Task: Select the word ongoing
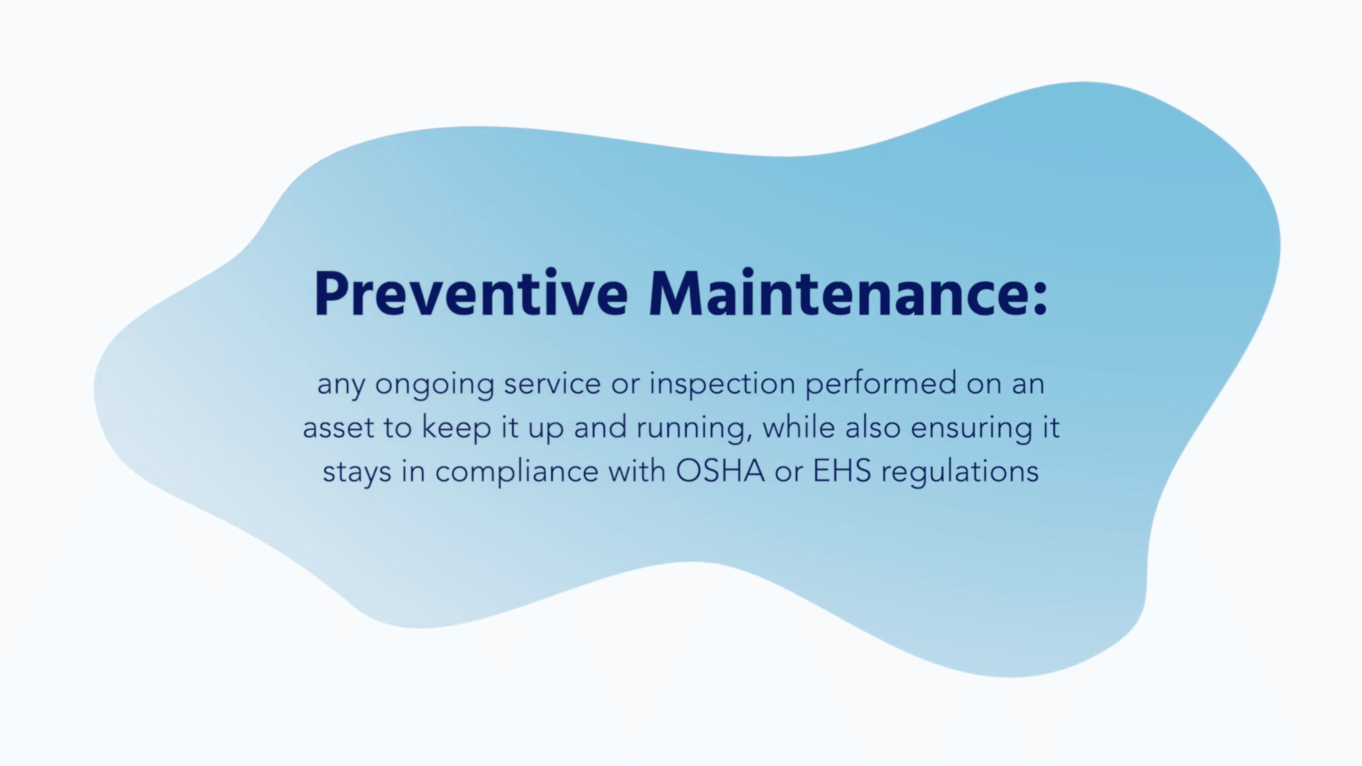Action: (x=434, y=384)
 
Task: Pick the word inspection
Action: (x=722, y=384)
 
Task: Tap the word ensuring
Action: (x=971, y=429)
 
